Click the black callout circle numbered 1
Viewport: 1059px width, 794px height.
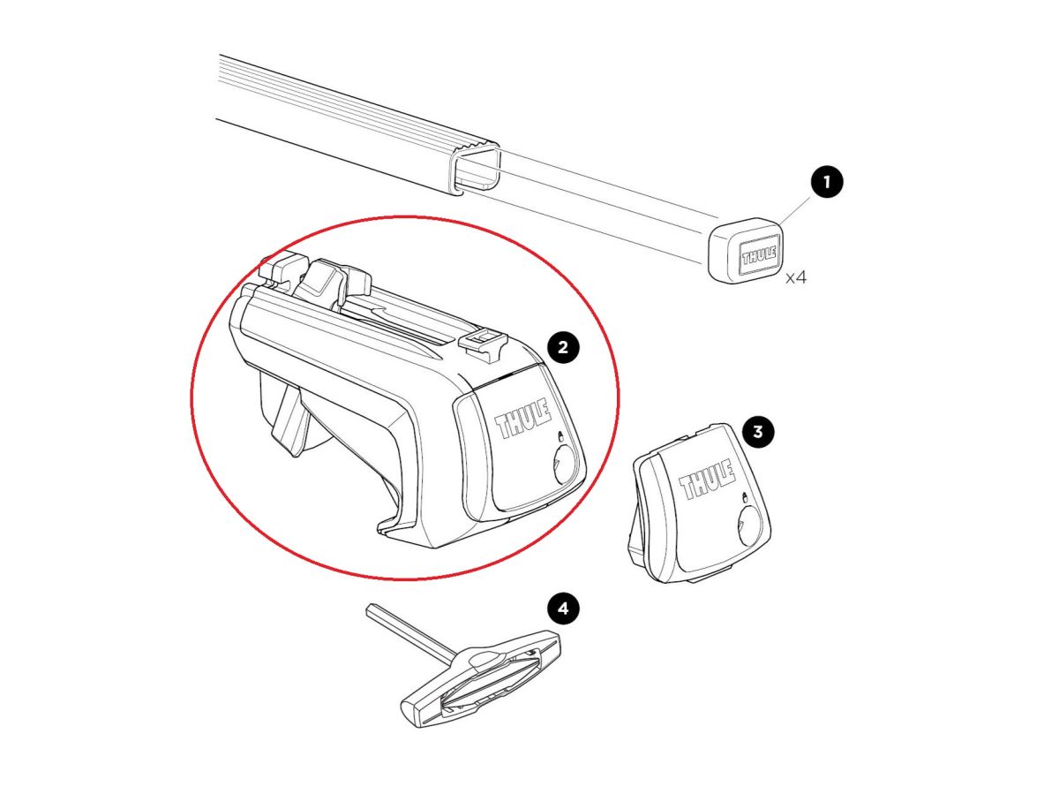coord(826,182)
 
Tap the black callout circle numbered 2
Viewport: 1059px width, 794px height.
coord(563,346)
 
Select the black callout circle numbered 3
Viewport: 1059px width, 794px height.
coord(758,431)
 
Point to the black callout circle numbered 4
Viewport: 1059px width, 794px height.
coord(563,609)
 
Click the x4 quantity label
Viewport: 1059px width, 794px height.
coord(796,277)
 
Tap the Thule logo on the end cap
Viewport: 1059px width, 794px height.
coord(759,254)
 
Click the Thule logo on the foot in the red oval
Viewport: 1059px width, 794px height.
coord(523,419)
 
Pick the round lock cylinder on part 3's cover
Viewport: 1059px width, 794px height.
coord(748,526)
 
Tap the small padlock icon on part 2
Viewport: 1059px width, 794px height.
coord(560,435)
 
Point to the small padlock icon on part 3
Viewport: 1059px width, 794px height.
coord(745,496)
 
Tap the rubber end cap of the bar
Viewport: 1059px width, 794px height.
coord(746,251)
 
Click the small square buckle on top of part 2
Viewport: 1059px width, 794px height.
coord(483,342)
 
